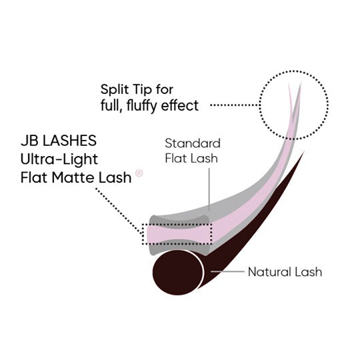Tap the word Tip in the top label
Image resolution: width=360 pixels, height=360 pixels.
tap(141, 90)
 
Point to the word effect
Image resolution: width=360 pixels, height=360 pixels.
tap(180, 105)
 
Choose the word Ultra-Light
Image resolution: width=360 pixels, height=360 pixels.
tap(59, 160)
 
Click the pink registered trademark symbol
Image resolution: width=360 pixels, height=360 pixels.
tap(139, 173)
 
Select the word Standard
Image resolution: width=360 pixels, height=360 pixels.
tap(193, 143)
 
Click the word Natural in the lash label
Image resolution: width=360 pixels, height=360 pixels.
tap(269, 272)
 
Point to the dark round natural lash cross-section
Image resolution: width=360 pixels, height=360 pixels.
tap(178, 272)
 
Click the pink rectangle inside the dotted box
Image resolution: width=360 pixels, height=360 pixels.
tap(177, 234)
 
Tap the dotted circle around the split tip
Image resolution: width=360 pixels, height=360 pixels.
tap(260, 105)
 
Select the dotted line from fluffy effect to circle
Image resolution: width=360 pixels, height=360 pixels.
tap(235, 105)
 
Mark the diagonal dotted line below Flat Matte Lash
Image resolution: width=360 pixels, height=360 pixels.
tap(119, 211)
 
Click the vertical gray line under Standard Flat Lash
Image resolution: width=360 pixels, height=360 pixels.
tap(209, 189)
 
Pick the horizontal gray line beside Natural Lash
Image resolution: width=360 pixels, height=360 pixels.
tap(227, 271)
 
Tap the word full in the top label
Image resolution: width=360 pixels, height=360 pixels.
tap(112, 105)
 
